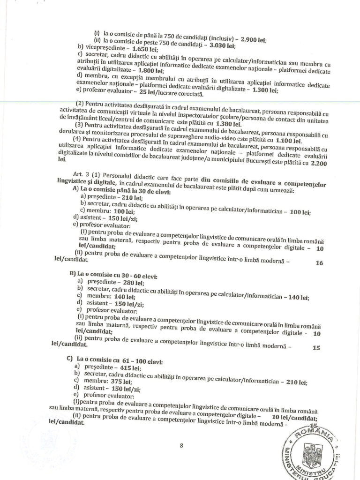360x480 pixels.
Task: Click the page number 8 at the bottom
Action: [181, 446]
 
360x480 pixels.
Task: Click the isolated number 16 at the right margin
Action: [319, 263]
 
